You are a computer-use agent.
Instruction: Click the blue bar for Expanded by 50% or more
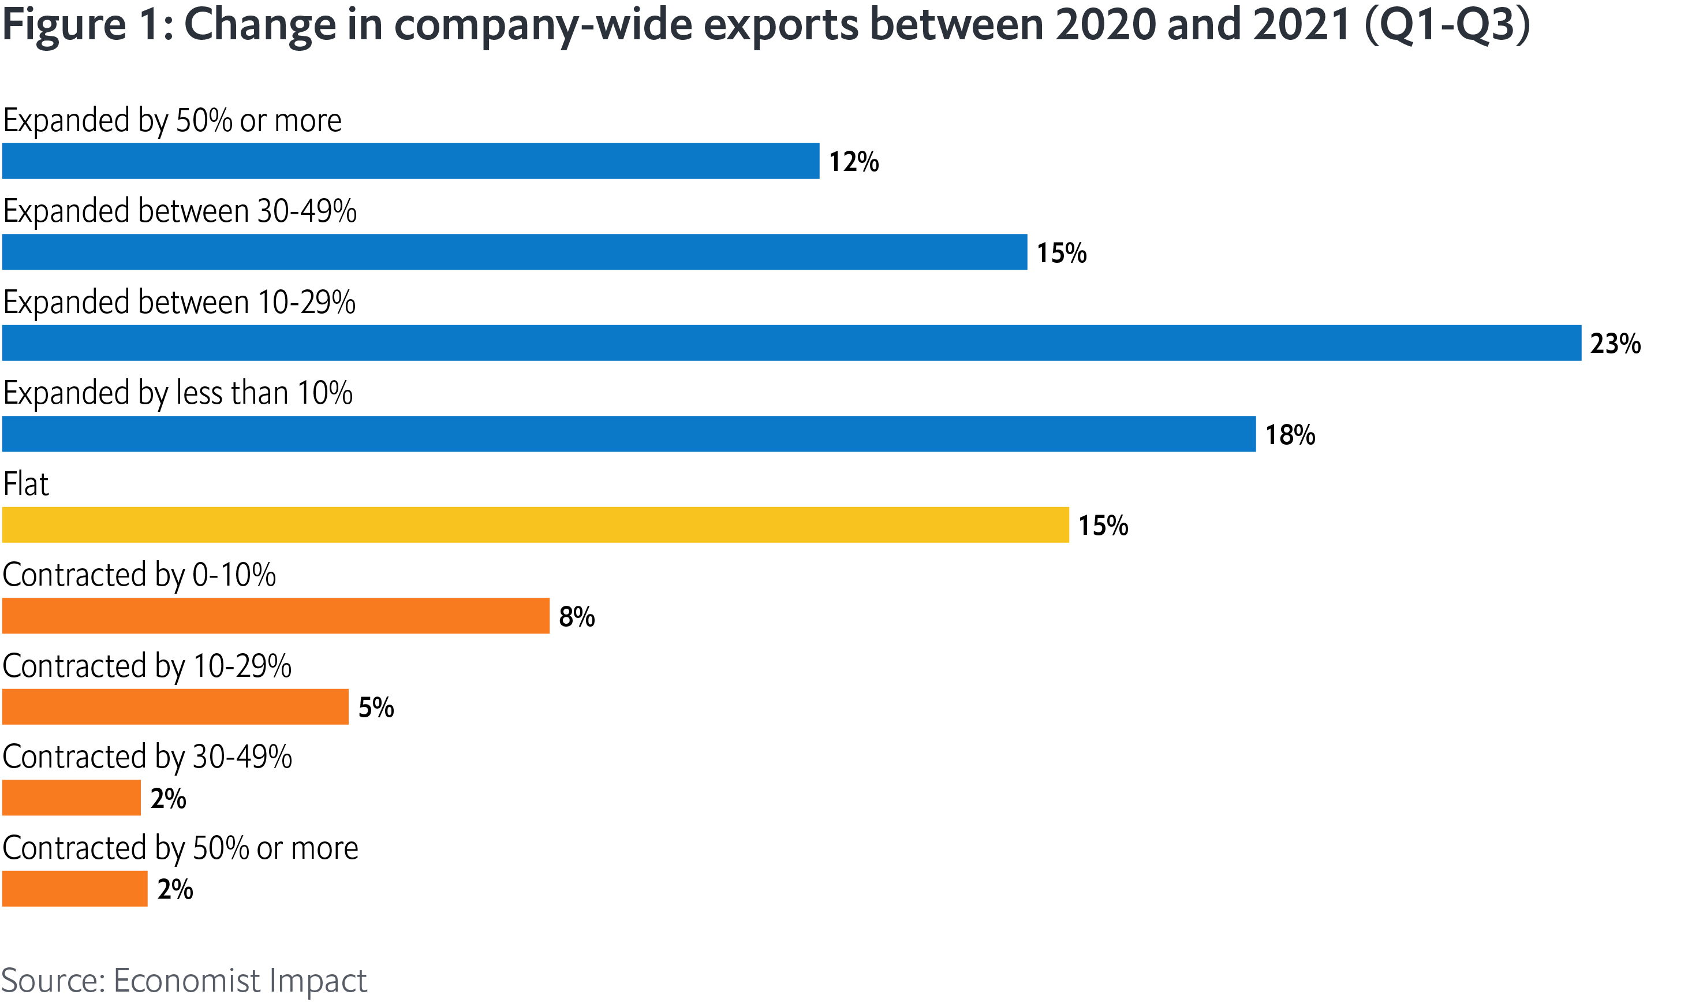[x=410, y=161]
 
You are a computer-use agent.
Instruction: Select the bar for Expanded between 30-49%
[x=514, y=252]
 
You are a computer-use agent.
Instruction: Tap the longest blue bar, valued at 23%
[x=791, y=343]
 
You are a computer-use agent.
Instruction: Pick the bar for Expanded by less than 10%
[x=628, y=434]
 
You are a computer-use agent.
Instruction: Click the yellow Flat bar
[x=535, y=524]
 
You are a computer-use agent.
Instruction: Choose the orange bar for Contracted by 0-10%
[x=275, y=616]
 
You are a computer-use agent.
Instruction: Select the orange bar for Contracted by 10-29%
[x=175, y=707]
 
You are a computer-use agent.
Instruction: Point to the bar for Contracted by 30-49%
[x=71, y=798]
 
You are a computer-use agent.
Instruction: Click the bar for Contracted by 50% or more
[x=74, y=889]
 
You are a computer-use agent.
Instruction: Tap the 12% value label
[x=853, y=162]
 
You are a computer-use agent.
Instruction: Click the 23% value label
[x=1615, y=344]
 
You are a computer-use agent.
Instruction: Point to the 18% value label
[x=1289, y=435]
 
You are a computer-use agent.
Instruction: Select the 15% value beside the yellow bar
[x=1102, y=526]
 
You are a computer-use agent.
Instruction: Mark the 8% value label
[x=576, y=616]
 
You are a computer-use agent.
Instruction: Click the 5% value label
[x=375, y=707]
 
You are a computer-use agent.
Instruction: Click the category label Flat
[x=25, y=484]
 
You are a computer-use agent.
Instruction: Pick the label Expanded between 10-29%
[x=179, y=302]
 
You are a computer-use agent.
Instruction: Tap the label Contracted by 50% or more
[x=180, y=847]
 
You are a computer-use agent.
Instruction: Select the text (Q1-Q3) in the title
[x=1446, y=24]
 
